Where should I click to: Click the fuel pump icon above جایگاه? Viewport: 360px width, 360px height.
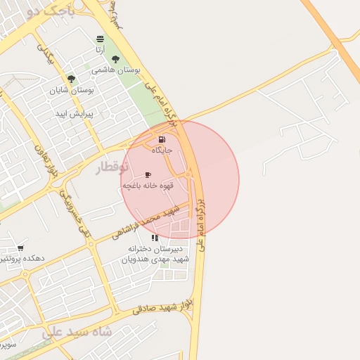click(x=163, y=140)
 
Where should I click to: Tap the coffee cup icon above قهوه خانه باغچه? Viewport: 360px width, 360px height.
click(x=148, y=174)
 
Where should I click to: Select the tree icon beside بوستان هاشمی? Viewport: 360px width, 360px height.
click(x=115, y=60)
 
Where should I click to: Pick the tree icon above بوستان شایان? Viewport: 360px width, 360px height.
click(x=71, y=79)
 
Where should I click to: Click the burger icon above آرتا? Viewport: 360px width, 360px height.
click(x=101, y=39)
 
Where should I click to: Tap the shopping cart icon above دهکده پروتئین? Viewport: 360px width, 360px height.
click(x=20, y=247)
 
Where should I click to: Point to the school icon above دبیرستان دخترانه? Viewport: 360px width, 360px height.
click(x=155, y=238)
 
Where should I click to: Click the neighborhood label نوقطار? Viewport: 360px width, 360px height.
click(x=112, y=167)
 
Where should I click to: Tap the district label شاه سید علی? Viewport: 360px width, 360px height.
click(x=77, y=331)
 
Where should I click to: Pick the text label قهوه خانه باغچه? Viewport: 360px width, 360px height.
click(x=147, y=185)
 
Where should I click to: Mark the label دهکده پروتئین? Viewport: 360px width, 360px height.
click(x=22, y=258)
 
